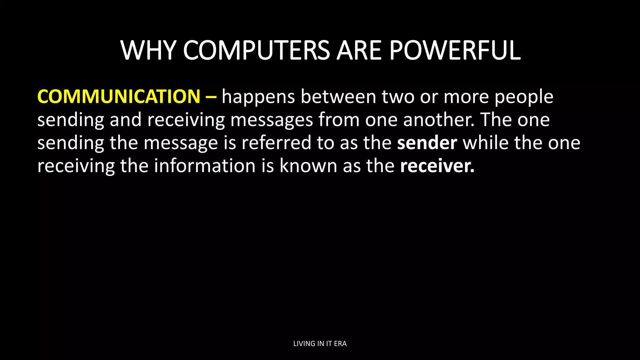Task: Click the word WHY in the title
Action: click(149, 50)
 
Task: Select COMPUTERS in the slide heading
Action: click(256, 50)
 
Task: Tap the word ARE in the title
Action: click(359, 50)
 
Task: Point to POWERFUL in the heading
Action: click(455, 50)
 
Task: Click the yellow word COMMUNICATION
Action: click(119, 97)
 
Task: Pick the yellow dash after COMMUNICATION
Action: click(211, 97)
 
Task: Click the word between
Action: click(338, 97)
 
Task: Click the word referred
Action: click(276, 142)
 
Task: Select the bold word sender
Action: click(427, 142)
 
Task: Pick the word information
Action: click(205, 166)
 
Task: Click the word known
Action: click(308, 166)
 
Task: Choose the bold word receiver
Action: click(437, 166)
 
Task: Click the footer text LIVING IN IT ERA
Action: click(320, 344)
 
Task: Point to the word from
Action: click(339, 120)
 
